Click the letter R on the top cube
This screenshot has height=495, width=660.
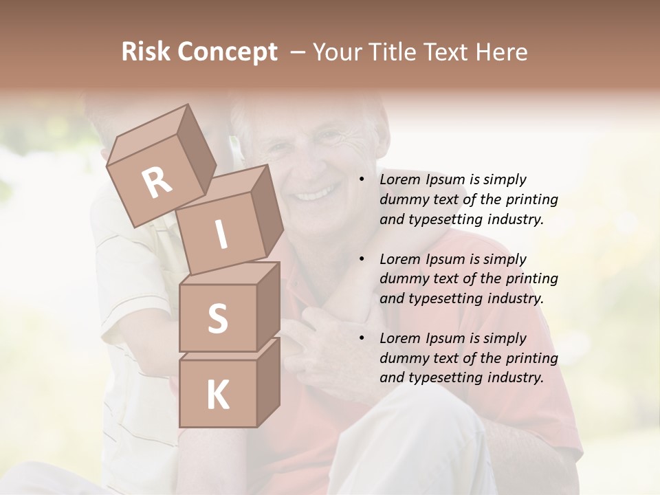[157, 183]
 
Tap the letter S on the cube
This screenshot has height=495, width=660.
[217, 318]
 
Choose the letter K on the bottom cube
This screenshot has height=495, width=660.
[217, 395]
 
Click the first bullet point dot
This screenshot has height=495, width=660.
[362, 180]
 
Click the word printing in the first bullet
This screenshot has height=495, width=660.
[531, 199]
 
